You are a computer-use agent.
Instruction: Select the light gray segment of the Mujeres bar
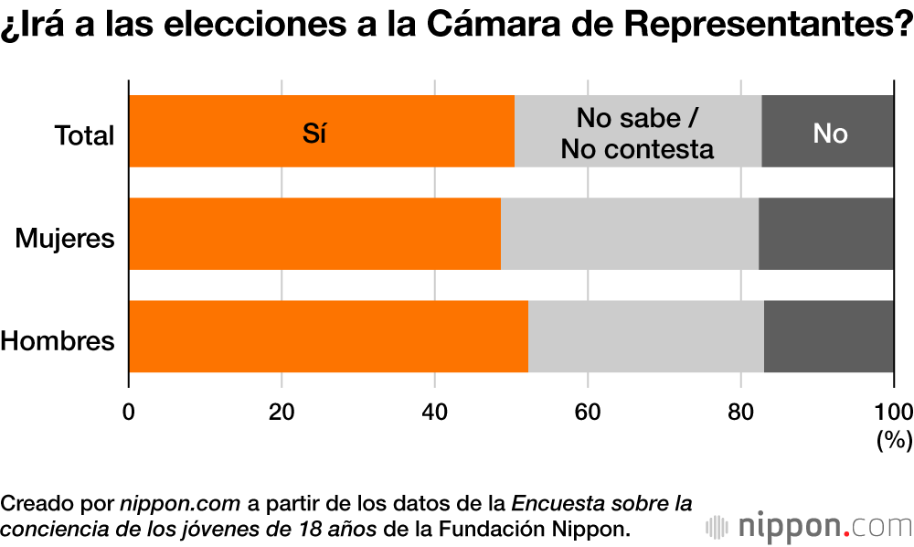click(x=629, y=234)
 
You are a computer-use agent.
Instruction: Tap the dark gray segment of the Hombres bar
click(x=828, y=337)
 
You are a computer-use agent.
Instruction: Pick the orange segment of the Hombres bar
click(x=327, y=337)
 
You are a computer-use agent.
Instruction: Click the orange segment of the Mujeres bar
click(x=314, y=234)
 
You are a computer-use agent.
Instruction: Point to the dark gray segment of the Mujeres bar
click(x=825, y=234)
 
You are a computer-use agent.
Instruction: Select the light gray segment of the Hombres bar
click(x=645, y=337)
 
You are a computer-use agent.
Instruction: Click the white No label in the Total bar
click(x=830, y=134)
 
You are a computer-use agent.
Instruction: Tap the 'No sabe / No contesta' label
click(x=637, y=133)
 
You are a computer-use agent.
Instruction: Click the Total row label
click(x=84, y=136)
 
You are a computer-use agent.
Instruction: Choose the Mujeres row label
click(x=65, y=239)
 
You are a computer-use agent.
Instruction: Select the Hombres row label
click(x=58, y=341)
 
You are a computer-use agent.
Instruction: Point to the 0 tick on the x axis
click(x=129, y=411)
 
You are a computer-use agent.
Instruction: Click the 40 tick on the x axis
click(x=434, y=411)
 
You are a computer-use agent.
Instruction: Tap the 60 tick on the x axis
click(x=587, y=411)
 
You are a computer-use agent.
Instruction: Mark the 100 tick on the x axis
click(x=893, y=411)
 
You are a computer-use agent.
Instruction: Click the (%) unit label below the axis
click(x=894, y=440)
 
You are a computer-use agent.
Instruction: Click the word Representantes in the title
click(x=767, y=27)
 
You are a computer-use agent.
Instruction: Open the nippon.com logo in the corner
click(x=809, y=527)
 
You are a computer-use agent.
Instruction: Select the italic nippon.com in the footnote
click(x=180, y=504)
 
